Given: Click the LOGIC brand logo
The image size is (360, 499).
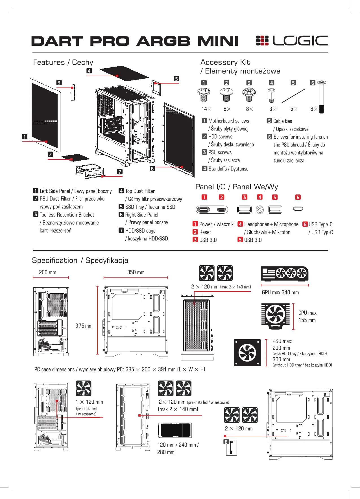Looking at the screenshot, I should [292, 41].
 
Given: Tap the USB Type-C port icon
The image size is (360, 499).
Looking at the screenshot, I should [298, 209].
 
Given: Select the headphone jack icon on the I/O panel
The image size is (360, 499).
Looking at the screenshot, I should [260, 209].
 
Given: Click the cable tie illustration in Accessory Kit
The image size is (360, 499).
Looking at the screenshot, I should [293, 96].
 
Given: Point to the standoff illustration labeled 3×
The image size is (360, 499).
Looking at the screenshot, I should [271, 95].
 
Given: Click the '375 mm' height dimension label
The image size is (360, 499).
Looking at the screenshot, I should [84, 326].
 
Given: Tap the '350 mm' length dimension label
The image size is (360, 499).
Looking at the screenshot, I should [136, 272].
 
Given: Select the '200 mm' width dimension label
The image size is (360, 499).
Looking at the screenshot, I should [47, 272].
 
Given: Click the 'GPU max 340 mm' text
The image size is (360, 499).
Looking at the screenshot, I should [280, 292].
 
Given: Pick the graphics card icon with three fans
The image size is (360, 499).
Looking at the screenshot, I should [285, 273].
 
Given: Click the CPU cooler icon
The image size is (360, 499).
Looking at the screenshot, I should [276, 316].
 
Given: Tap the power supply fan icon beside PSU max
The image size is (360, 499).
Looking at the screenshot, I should [247, 353].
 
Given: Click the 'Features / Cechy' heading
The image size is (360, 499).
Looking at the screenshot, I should [63, 62].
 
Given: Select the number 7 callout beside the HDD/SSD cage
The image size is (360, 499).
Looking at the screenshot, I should [120, 172].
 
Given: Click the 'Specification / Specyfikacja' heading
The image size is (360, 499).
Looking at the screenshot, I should [80, 260].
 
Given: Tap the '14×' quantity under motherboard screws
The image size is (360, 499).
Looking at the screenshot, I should [206, 109].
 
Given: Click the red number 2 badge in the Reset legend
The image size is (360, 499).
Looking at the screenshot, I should [195, 232].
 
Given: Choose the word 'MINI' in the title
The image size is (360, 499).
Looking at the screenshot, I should [218, 41].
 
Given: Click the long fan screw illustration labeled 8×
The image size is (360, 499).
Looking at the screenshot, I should [321, 97].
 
